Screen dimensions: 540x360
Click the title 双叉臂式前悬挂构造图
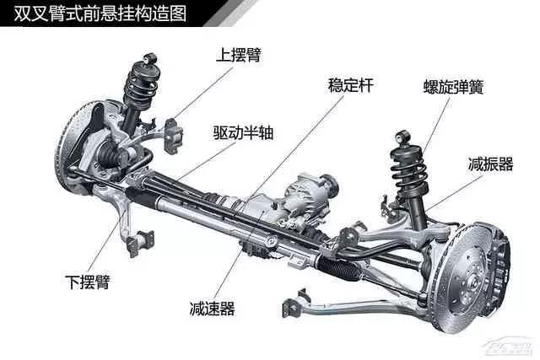click(x=100, y=13)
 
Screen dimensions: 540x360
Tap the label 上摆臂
click(x=239, y=54)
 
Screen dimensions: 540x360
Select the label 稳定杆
click(x=350, y=84)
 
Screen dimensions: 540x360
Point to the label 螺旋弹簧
click(x=454, y=87)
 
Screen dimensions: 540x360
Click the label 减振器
click(x=490, y=164)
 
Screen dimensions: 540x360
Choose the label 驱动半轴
click(x=243, y=132)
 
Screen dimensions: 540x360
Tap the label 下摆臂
click(x=88, y=282)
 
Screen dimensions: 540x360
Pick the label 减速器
click(x=212, y=309)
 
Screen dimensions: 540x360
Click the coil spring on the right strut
click(x=409, y=172)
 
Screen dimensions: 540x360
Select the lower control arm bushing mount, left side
click(x=141, y=243)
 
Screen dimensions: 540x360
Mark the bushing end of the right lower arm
click(x=295, y=304)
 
